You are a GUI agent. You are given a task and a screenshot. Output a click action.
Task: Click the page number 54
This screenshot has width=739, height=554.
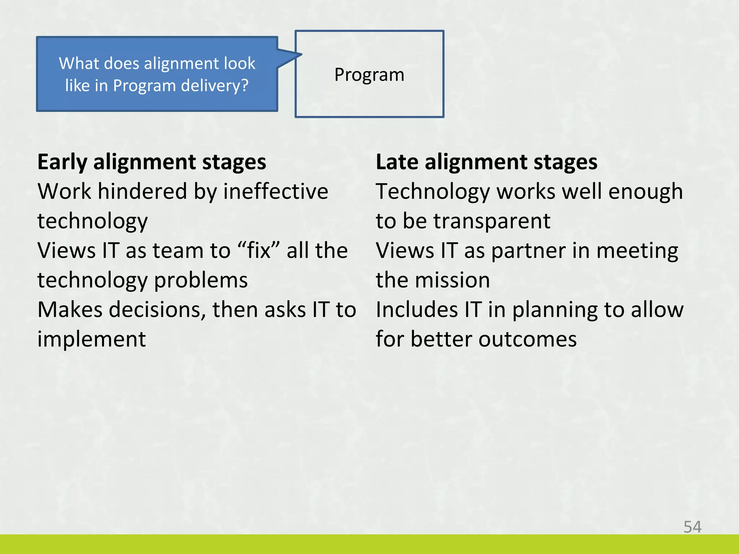coord(692,527)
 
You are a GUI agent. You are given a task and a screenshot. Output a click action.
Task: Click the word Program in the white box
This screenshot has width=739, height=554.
coord(369,75)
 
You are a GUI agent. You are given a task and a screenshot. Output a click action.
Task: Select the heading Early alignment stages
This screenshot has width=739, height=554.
coord(152,162)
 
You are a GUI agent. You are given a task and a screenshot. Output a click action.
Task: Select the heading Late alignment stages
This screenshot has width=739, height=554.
coord(486,162)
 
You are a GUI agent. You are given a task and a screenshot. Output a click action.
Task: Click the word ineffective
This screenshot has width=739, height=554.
coord(276,191)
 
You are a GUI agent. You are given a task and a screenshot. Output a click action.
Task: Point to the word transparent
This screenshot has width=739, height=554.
coord(492,221)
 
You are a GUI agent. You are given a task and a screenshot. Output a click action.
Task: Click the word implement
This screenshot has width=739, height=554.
coord(92,339)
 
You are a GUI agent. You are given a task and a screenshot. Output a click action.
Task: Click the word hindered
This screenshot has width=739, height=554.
coord(142,191)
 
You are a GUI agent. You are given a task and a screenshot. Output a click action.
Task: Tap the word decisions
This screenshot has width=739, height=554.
coord(157,309)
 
